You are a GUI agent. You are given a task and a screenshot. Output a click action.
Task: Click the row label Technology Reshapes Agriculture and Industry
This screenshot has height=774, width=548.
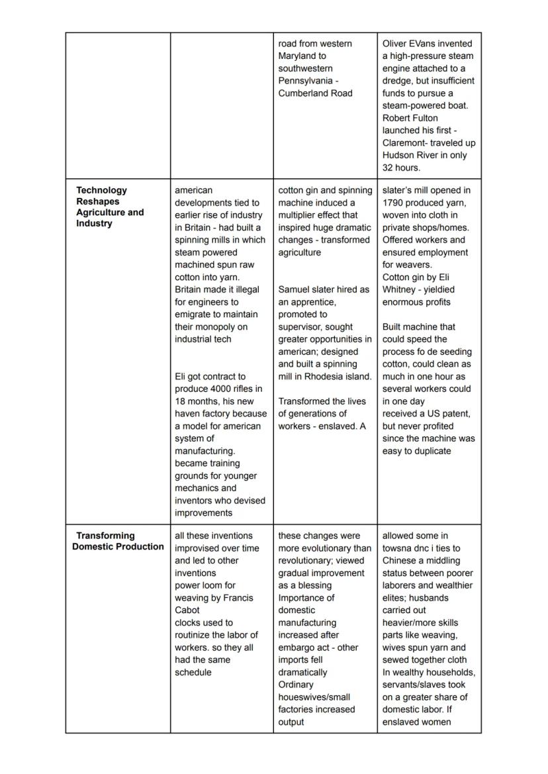(x=109, y=207)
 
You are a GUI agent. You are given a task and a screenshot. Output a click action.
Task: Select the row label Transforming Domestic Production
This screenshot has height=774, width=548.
(x=118, y=541)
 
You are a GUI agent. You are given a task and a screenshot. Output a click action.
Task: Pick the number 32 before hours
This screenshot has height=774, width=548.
(x=388, y=168)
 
